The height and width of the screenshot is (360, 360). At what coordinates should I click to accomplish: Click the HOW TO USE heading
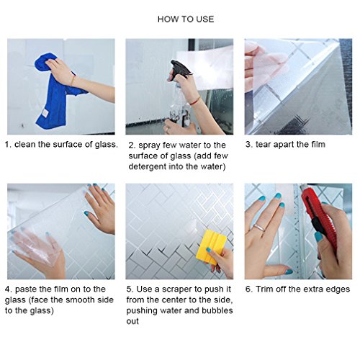coord(186,19)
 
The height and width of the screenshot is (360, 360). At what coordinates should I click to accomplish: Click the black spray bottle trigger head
coord(180,68)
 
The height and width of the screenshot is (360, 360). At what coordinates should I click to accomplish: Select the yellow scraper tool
coord(211,247)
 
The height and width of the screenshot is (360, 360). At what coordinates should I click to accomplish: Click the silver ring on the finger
coord(259,228)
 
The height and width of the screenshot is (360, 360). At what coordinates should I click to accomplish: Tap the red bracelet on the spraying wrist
coord(195,101)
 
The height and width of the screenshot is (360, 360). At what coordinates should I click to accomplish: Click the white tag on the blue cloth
coord(45,113)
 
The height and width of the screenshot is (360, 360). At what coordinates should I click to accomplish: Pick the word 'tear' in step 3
coord(264,145)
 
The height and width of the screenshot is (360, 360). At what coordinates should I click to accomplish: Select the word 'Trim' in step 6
coord(264,289)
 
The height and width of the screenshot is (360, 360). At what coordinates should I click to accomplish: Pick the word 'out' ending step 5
coord(132,321)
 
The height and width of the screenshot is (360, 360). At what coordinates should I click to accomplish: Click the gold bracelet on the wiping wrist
coord(73,80)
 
